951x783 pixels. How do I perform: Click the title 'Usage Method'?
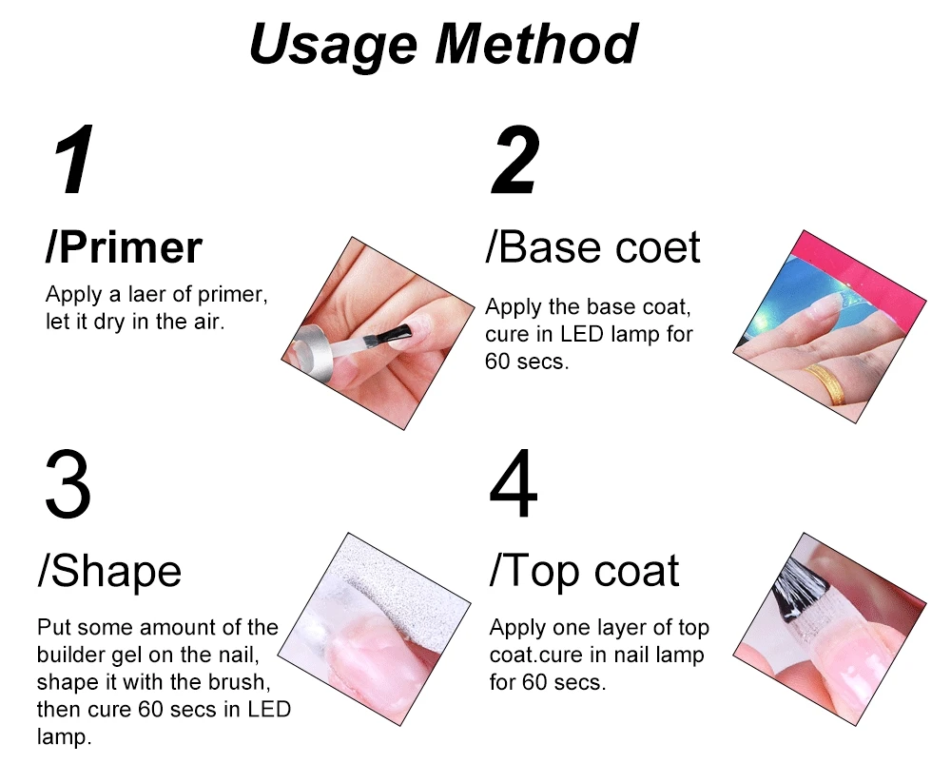(443, 45)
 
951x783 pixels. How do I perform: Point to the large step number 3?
(68, 483)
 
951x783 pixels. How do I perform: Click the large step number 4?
(514, 483)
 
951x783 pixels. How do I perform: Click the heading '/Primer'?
(124, 248)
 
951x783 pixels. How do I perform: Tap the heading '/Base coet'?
(592, 247)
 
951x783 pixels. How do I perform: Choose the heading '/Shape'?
(109, 573)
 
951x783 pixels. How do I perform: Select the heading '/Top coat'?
(584, 572)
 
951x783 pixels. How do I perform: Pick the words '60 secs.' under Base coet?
(527, 362)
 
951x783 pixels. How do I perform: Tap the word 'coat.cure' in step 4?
(536, 655)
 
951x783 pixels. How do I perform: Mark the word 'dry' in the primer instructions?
(109, 323)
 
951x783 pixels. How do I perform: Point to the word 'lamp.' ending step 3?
(64, 737)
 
